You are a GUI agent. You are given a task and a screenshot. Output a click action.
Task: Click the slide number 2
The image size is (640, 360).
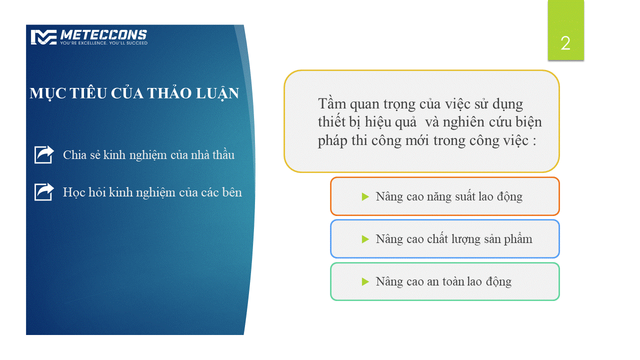(x=565, y=43)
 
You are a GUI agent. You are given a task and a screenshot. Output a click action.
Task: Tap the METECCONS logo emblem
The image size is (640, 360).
(x=43, y=37)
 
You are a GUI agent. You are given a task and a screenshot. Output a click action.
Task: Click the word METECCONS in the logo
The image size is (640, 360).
(x=103, y=35)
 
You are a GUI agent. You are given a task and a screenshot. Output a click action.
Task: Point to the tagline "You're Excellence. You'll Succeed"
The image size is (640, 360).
(x=103, y=43)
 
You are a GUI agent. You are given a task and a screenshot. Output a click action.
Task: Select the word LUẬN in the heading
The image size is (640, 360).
(x=217, y=93)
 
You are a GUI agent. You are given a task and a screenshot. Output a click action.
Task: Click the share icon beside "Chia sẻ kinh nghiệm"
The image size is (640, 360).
(x=44, y=154)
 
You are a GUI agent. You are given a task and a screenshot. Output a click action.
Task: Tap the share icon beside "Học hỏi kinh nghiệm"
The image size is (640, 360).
(x=44, y=191)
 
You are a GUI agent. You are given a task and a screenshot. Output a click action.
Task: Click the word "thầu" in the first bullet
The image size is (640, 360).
(x=223, y=154)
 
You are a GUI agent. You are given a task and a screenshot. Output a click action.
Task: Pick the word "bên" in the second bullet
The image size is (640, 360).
(x=232, y=192)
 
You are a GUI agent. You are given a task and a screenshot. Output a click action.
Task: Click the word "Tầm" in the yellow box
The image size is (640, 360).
(x=332, y=103)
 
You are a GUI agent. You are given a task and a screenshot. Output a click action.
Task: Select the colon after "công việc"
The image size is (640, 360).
(x=534, y=141)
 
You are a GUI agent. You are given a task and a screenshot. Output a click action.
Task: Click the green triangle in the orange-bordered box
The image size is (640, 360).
(x=365, y=196)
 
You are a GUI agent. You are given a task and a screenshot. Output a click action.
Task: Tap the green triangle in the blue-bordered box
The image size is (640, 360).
(x=365, y=239)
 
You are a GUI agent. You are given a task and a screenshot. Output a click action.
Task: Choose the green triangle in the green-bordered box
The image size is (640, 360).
(x=365, y=281)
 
